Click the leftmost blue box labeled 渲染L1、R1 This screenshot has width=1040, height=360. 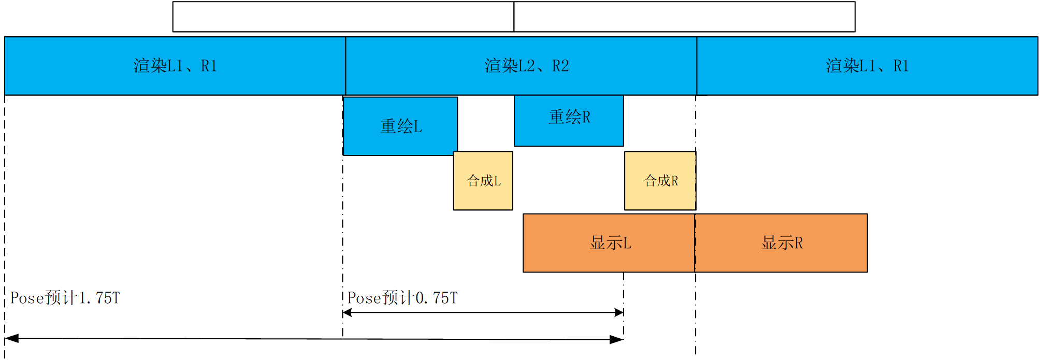[x=175, y=66]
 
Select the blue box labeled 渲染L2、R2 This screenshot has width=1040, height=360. [x=521, y=66]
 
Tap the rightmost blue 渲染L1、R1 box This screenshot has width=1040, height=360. [x=867, y=66]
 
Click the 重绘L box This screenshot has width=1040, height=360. [x=400, y=126]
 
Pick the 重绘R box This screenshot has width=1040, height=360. [x=569, y=120]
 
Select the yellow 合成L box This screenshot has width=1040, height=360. [x=483, y=181]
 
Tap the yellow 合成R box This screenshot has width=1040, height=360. [x=660, y=181]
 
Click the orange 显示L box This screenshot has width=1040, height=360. [x=609, y=243]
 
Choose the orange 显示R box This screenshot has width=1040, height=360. [x=781, y=243]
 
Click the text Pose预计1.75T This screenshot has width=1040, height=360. [x=65, y=298]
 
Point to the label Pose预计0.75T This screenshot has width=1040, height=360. [x=402, y=298]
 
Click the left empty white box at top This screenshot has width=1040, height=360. [x=343, y=17]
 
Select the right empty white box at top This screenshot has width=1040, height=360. [x=684, y=17]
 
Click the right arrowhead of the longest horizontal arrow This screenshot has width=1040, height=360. [x=617, y=340]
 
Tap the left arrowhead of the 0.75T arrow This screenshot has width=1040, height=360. [x=348, y=312]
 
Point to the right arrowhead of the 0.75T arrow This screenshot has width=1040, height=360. [x=619, y=312]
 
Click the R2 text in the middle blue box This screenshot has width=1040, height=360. [x=560, y=66]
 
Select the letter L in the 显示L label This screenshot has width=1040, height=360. [x=627, y=243]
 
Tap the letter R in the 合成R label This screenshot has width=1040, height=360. [x=674, y=181]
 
